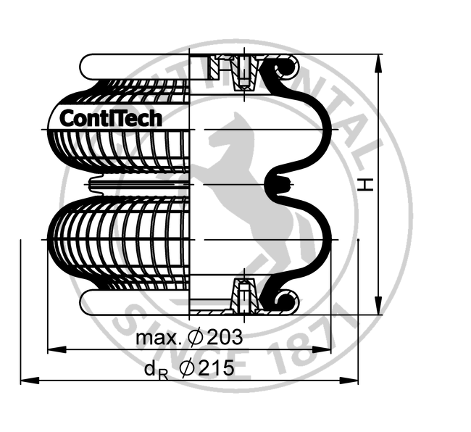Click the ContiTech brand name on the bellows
(110, 117)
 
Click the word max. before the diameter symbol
(158, 338)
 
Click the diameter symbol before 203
(196, 338)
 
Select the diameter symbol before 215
(186, 368)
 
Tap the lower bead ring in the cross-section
(283, 300)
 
